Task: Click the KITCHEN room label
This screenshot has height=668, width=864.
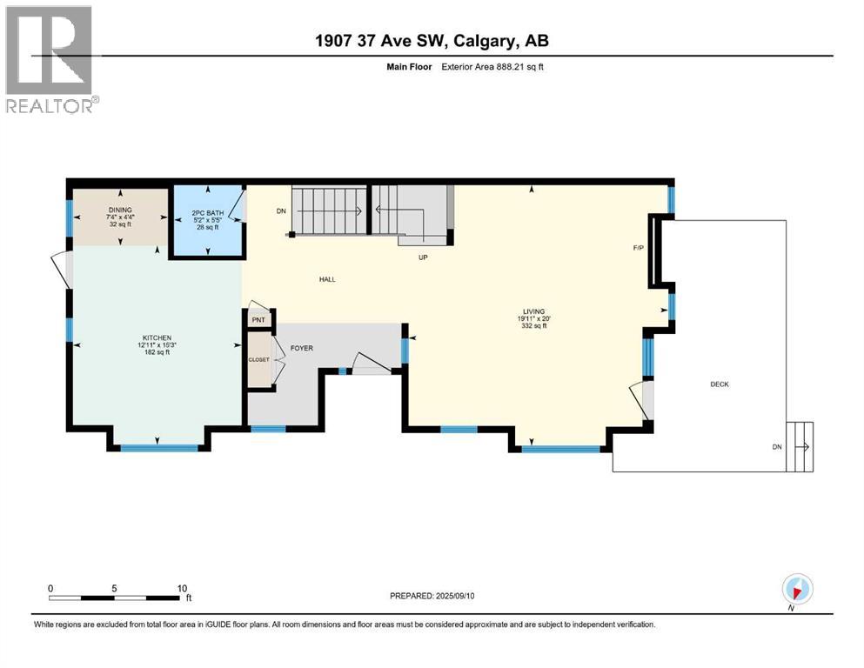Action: click(x=157, y=337)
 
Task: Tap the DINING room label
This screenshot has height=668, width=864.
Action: click(x=118, y=210)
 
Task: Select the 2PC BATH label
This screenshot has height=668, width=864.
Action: click(x=207, y=211)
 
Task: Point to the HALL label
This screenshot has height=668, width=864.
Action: click(x=327, y=279)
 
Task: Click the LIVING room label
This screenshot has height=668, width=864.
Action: click(x=533, y=311)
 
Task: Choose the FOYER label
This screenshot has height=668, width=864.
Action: click(x=302, y=349)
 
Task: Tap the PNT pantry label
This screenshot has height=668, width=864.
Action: click(x=258, y=320)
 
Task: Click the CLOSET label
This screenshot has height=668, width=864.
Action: click(x=259, y=358)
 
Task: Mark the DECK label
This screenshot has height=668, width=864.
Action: click(x=719, y=384)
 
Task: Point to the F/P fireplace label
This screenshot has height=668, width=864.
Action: click(x=638, y=249)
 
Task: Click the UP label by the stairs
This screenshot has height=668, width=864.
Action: click(x=424, y=257)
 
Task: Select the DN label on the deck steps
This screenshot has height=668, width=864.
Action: click(x=776, y=447)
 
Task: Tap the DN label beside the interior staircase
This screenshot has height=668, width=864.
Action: click(x=280, y=210)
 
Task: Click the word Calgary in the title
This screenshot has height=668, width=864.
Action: click(x=480, y=40)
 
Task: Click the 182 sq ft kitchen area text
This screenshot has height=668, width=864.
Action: click(x=157, y=352)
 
